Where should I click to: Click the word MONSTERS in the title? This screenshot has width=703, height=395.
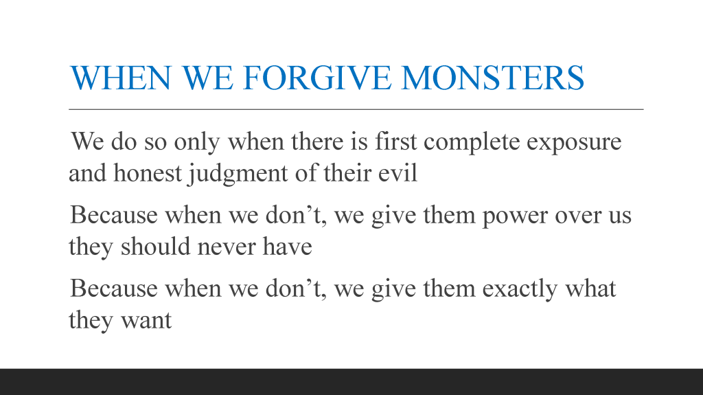click(493, 78)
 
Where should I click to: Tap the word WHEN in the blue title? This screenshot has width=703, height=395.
click(120, 78)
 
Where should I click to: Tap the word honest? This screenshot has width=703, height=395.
click(148, 173)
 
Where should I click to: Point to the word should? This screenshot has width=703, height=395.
click(155, 246)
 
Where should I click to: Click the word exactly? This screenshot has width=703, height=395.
click(520, 289)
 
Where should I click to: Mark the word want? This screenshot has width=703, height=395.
click(146, 321)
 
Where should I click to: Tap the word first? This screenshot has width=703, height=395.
click(395, 141)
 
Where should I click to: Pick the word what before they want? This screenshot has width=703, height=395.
click(590, 288)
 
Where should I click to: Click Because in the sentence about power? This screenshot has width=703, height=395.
click(113, 214)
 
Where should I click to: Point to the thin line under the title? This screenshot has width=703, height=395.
click(356, 109)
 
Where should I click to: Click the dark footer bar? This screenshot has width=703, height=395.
click(351, 382)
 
